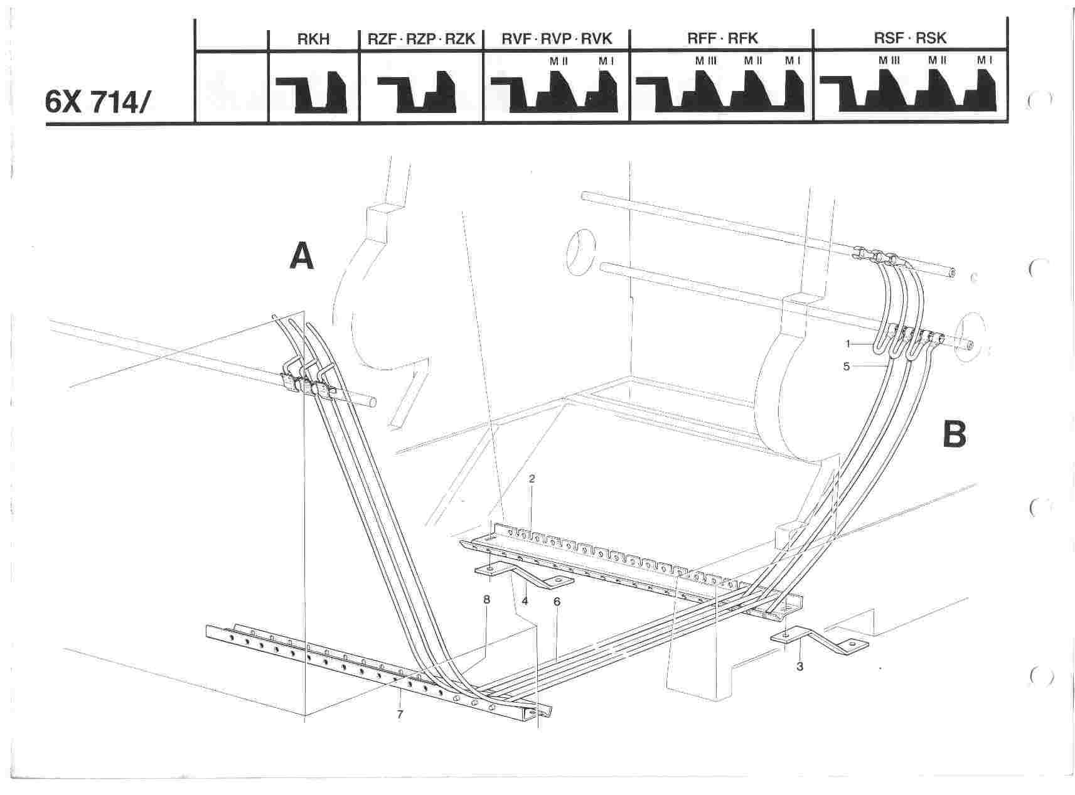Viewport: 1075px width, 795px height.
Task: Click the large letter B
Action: [x=955, y=434]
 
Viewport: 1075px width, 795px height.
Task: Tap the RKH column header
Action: [x=313, y=39]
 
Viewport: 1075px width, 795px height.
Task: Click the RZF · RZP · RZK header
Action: [x=421, y=39]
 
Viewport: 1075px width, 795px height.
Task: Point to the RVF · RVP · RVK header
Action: [x=556, y=39]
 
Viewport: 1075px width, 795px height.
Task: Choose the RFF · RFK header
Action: [x=722, y=39]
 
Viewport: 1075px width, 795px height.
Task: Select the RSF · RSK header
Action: [x=910, y=38]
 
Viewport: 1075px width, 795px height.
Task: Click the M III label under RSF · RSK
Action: [x=889, y=61]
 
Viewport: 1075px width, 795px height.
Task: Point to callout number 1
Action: [x=847, y=344]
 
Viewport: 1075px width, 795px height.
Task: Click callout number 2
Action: [x=532, y=479]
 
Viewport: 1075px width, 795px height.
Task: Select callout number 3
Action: [x=800, y=666]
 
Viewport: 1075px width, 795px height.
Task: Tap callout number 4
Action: [x=525, y=600]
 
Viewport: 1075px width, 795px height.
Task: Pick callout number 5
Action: [x=846, y=366]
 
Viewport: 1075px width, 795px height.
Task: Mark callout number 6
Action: [x=557, y=601]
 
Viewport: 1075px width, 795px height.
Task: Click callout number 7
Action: [x=400, y=714]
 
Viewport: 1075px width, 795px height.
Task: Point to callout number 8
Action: [x=486, y=599]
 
